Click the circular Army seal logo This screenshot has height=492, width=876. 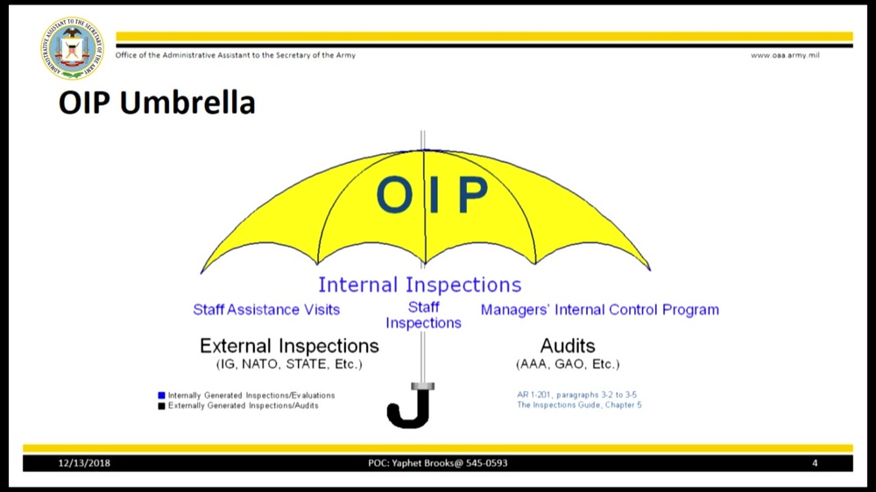coord(72,48)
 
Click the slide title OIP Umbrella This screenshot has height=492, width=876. coord(157,102)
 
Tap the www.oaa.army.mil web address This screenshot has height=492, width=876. coord(785,55)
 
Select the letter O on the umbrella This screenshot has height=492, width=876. coord(394,194)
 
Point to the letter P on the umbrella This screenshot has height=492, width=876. coord(472,194)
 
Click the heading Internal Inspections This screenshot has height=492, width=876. coord(420,285)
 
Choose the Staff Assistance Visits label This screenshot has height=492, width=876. coord(266,309)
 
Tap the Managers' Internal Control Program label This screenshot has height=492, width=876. coord(599,310)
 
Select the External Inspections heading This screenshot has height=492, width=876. coord(289,346)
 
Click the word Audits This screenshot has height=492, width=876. coord(568,346)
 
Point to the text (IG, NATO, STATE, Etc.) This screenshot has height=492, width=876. coord(289,364)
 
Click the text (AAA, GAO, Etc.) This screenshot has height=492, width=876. coord(568,364)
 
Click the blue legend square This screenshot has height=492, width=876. coord(161,396)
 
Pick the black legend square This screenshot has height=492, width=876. coord(161,406)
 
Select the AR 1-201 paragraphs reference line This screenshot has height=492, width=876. coord(576,395)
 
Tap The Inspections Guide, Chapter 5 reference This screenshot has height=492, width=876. coord(579,404)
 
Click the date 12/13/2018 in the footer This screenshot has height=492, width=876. coord(84,463)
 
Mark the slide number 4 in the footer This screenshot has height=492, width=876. coord(815,463)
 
